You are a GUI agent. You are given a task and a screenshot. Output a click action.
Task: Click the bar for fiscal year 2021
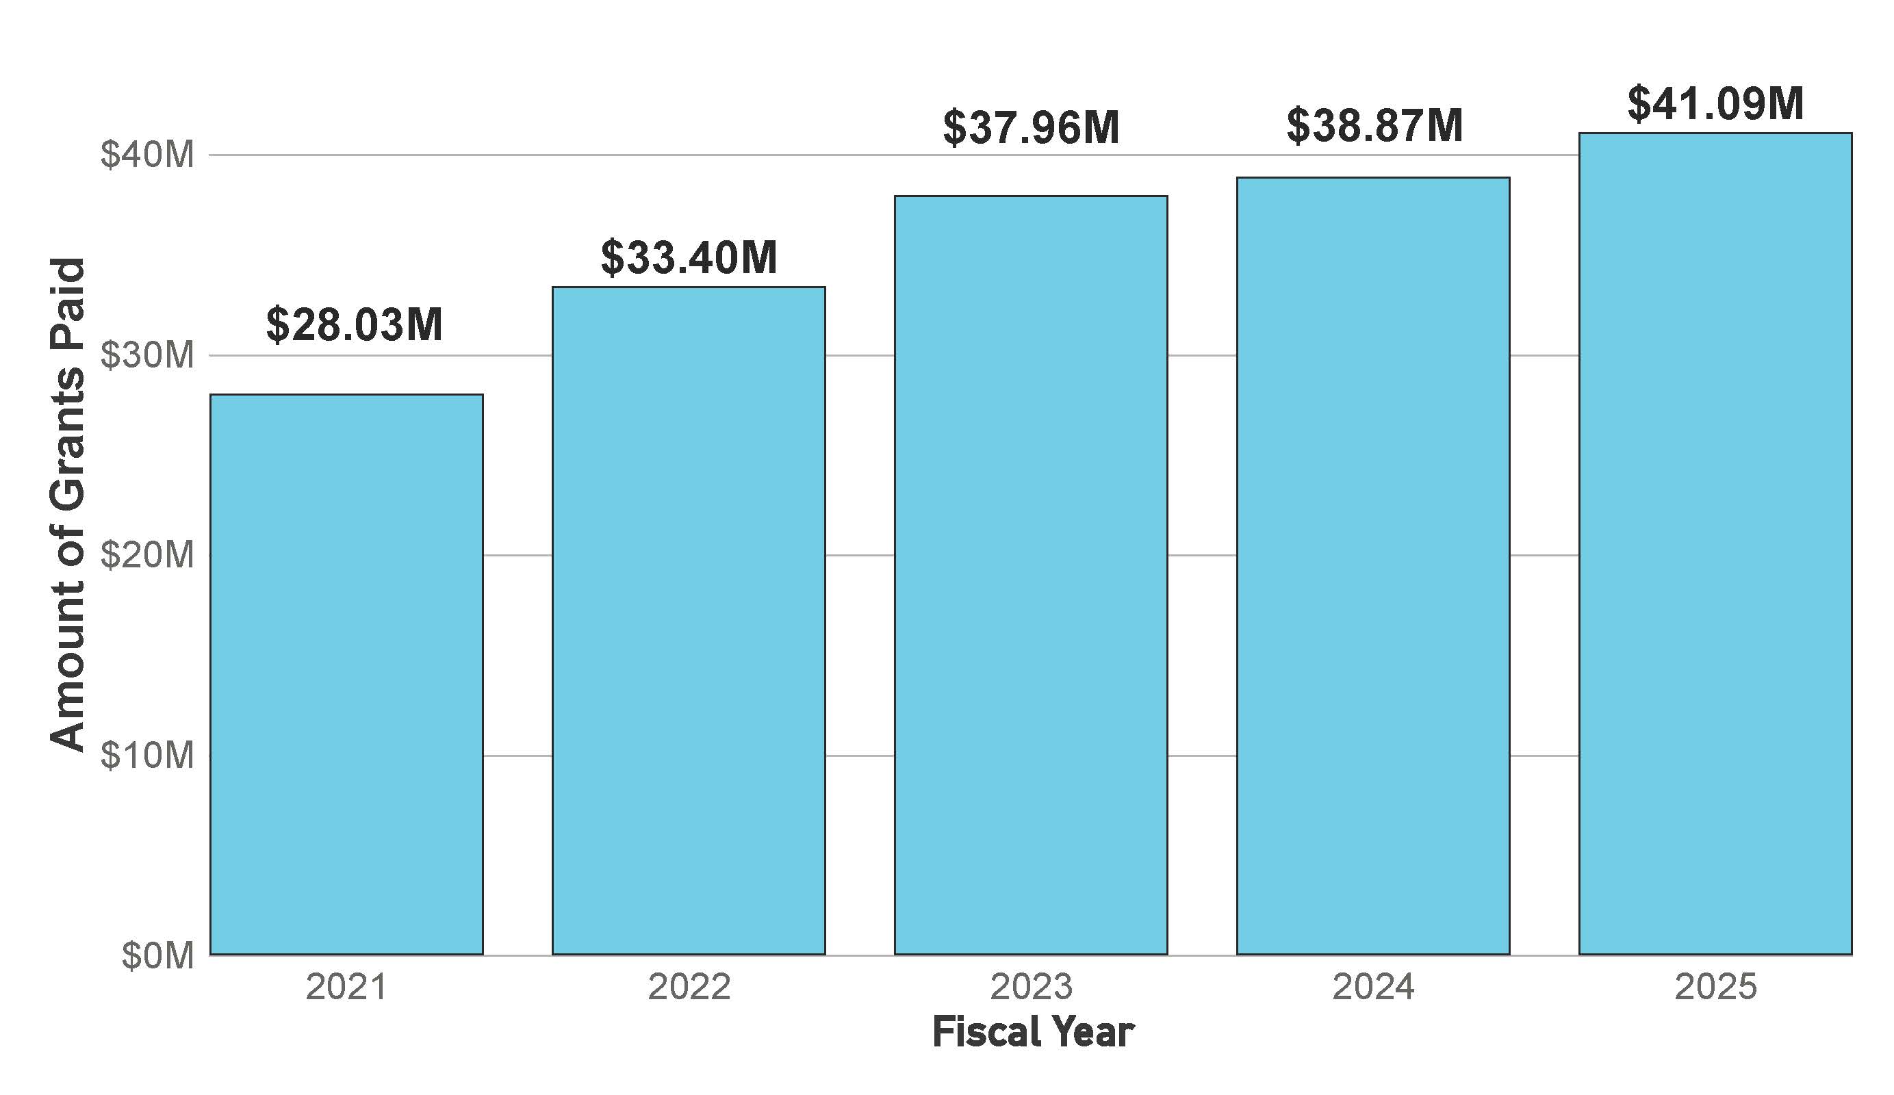point(346,674)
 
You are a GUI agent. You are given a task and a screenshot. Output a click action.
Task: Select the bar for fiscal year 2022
point(689,620)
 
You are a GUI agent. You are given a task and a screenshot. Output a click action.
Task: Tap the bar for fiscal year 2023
point(1030,575)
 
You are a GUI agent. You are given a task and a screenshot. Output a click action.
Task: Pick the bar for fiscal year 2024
point(1373,565)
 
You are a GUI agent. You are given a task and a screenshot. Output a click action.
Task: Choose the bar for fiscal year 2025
point(1715,543)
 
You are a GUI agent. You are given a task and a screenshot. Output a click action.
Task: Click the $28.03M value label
point(354,324)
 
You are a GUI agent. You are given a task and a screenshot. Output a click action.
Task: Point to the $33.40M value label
point(689,257)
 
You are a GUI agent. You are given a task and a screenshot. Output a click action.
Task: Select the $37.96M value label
point(1031,128)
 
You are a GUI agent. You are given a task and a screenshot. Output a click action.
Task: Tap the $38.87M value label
point(1374,125)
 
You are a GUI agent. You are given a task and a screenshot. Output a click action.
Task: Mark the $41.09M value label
point(1716,104)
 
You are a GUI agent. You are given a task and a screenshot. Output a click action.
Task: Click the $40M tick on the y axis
point(147,155)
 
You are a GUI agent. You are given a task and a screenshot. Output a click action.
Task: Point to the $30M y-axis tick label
point(147,355)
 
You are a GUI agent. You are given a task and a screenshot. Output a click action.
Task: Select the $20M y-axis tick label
point(147,556)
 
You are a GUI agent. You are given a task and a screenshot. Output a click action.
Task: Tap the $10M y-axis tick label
point(147,756)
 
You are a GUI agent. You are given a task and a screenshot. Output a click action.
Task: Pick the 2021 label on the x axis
point(346,987)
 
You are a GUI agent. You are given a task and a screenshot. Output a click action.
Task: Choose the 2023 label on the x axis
point(1031,987)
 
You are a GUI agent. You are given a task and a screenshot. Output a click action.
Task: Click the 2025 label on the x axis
point(1716,987)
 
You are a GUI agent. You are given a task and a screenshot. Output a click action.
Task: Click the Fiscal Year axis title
point(1033,1032)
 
